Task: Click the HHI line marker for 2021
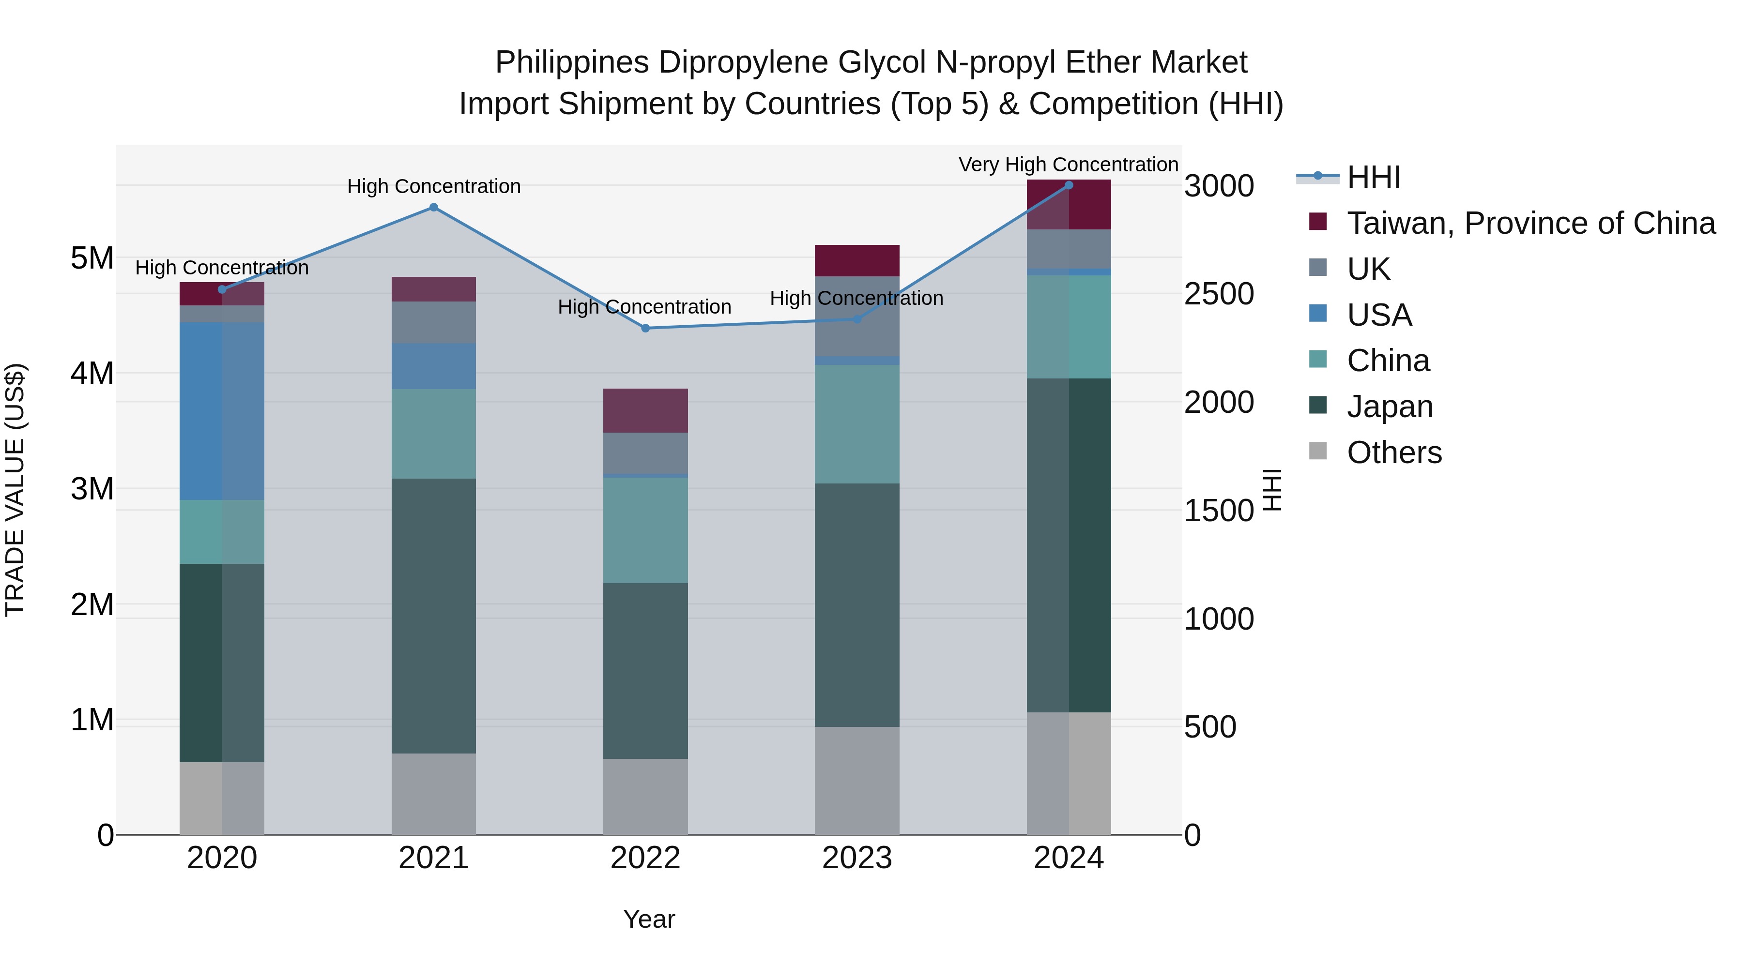point(434,208)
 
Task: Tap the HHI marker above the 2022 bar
point(645,328)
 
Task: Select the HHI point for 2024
point(1069,185)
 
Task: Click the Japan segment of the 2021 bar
point(434,616)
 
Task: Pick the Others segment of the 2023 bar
point(856,781)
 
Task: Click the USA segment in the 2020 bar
point(222,411)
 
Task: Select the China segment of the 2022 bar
point(645,530)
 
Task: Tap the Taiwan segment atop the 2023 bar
point(856,260)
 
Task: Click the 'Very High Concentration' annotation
point(1069,165)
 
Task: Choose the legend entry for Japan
point(1390,407)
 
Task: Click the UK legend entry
point(1368,269)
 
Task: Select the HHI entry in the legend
point(1374,177)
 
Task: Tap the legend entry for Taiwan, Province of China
point(1530,223)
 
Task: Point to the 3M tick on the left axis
point(92,488)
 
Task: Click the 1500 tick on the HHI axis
point(1219,511)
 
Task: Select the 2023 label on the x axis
point(856,858)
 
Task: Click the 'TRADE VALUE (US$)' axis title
point(15,490)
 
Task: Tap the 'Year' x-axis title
point(649,919)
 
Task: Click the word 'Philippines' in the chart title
point(572,62)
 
